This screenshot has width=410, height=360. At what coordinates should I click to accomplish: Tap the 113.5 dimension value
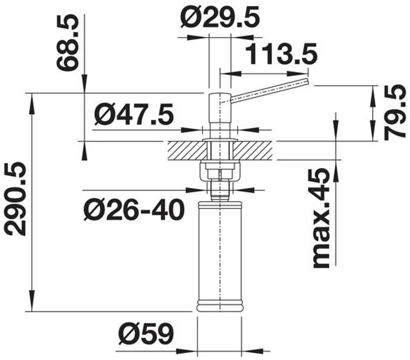click(282, 55)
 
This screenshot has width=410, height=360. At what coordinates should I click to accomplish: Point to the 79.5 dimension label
click(395, 112)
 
